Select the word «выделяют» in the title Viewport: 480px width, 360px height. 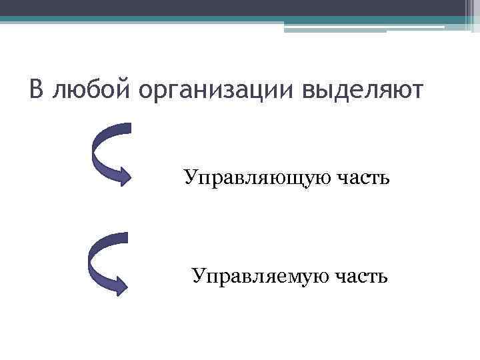click(362, 91)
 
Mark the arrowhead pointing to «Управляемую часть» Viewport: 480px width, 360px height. click(120, 285)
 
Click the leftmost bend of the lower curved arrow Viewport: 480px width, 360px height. click(92, 260)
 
